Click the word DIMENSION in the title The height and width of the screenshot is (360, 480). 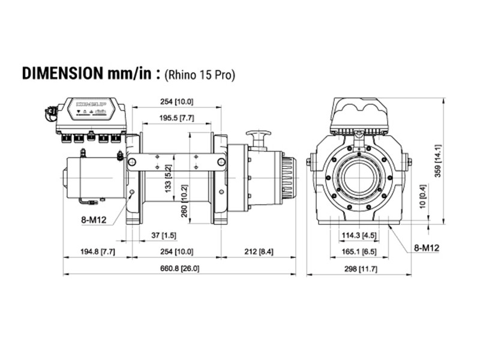(x=61, y=73)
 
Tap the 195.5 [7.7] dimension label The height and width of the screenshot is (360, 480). (x=176, y=118)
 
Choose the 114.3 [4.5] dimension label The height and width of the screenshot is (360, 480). (x=359, y=235)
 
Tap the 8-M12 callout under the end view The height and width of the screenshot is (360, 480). (x=427, y=247)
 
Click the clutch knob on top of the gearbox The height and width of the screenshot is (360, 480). (x=259, y=137)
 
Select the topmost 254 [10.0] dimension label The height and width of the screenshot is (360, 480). (x=176, y=101)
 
